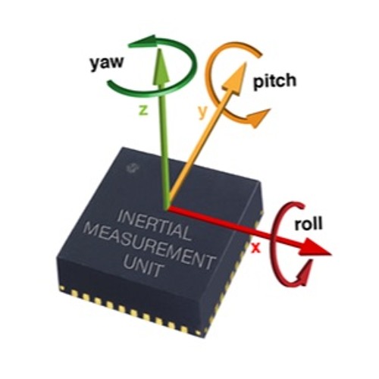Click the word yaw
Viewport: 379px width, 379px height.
(x=107, y=63)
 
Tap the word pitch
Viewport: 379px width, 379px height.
(x=274, y=81)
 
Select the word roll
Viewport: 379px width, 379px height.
(x=309, y=224)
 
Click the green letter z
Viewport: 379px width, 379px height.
(x=143, y=110)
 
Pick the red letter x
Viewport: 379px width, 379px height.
(x=255, y=248)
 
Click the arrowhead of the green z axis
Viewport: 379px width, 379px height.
(x=161, y=65)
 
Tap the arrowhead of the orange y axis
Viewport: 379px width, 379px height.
(x=235, y=78)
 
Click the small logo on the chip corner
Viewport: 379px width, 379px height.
(x=131, y=168)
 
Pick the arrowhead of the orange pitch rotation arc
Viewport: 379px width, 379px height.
(x=257, y=117)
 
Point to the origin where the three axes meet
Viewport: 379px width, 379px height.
(x=168, y=208)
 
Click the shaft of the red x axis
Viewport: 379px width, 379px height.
(x=235, y=229)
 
